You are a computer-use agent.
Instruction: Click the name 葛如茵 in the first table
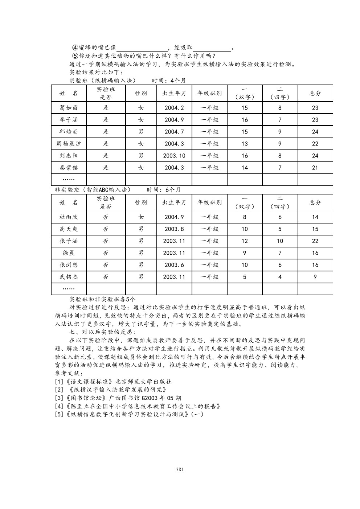[69, 108]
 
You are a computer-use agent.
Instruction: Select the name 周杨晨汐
[69, 144]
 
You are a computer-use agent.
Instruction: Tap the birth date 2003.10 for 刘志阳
[174, 156]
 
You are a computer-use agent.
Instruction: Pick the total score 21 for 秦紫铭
[315, 168]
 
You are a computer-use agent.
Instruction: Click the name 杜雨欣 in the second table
[69, 217]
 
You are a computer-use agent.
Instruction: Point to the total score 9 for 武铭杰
[315, 277]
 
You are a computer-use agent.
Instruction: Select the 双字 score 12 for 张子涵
[245, 241]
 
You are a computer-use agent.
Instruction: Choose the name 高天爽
[69, 229]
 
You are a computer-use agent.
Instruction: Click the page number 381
[180, 469]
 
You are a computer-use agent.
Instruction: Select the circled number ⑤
[75, 56]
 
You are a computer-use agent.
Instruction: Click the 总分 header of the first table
[315, 93]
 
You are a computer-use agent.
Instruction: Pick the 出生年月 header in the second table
[174, 202]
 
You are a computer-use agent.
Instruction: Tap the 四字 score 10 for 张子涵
[280, 241]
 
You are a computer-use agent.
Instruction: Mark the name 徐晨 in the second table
[69, 253]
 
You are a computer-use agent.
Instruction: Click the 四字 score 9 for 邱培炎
[280, 132]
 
